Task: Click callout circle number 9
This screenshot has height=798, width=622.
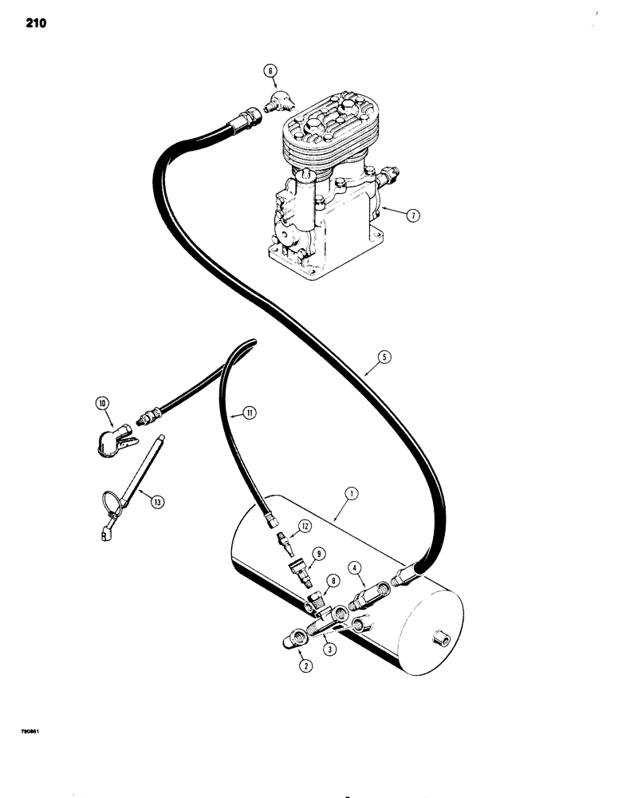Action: [x=317, y=552]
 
